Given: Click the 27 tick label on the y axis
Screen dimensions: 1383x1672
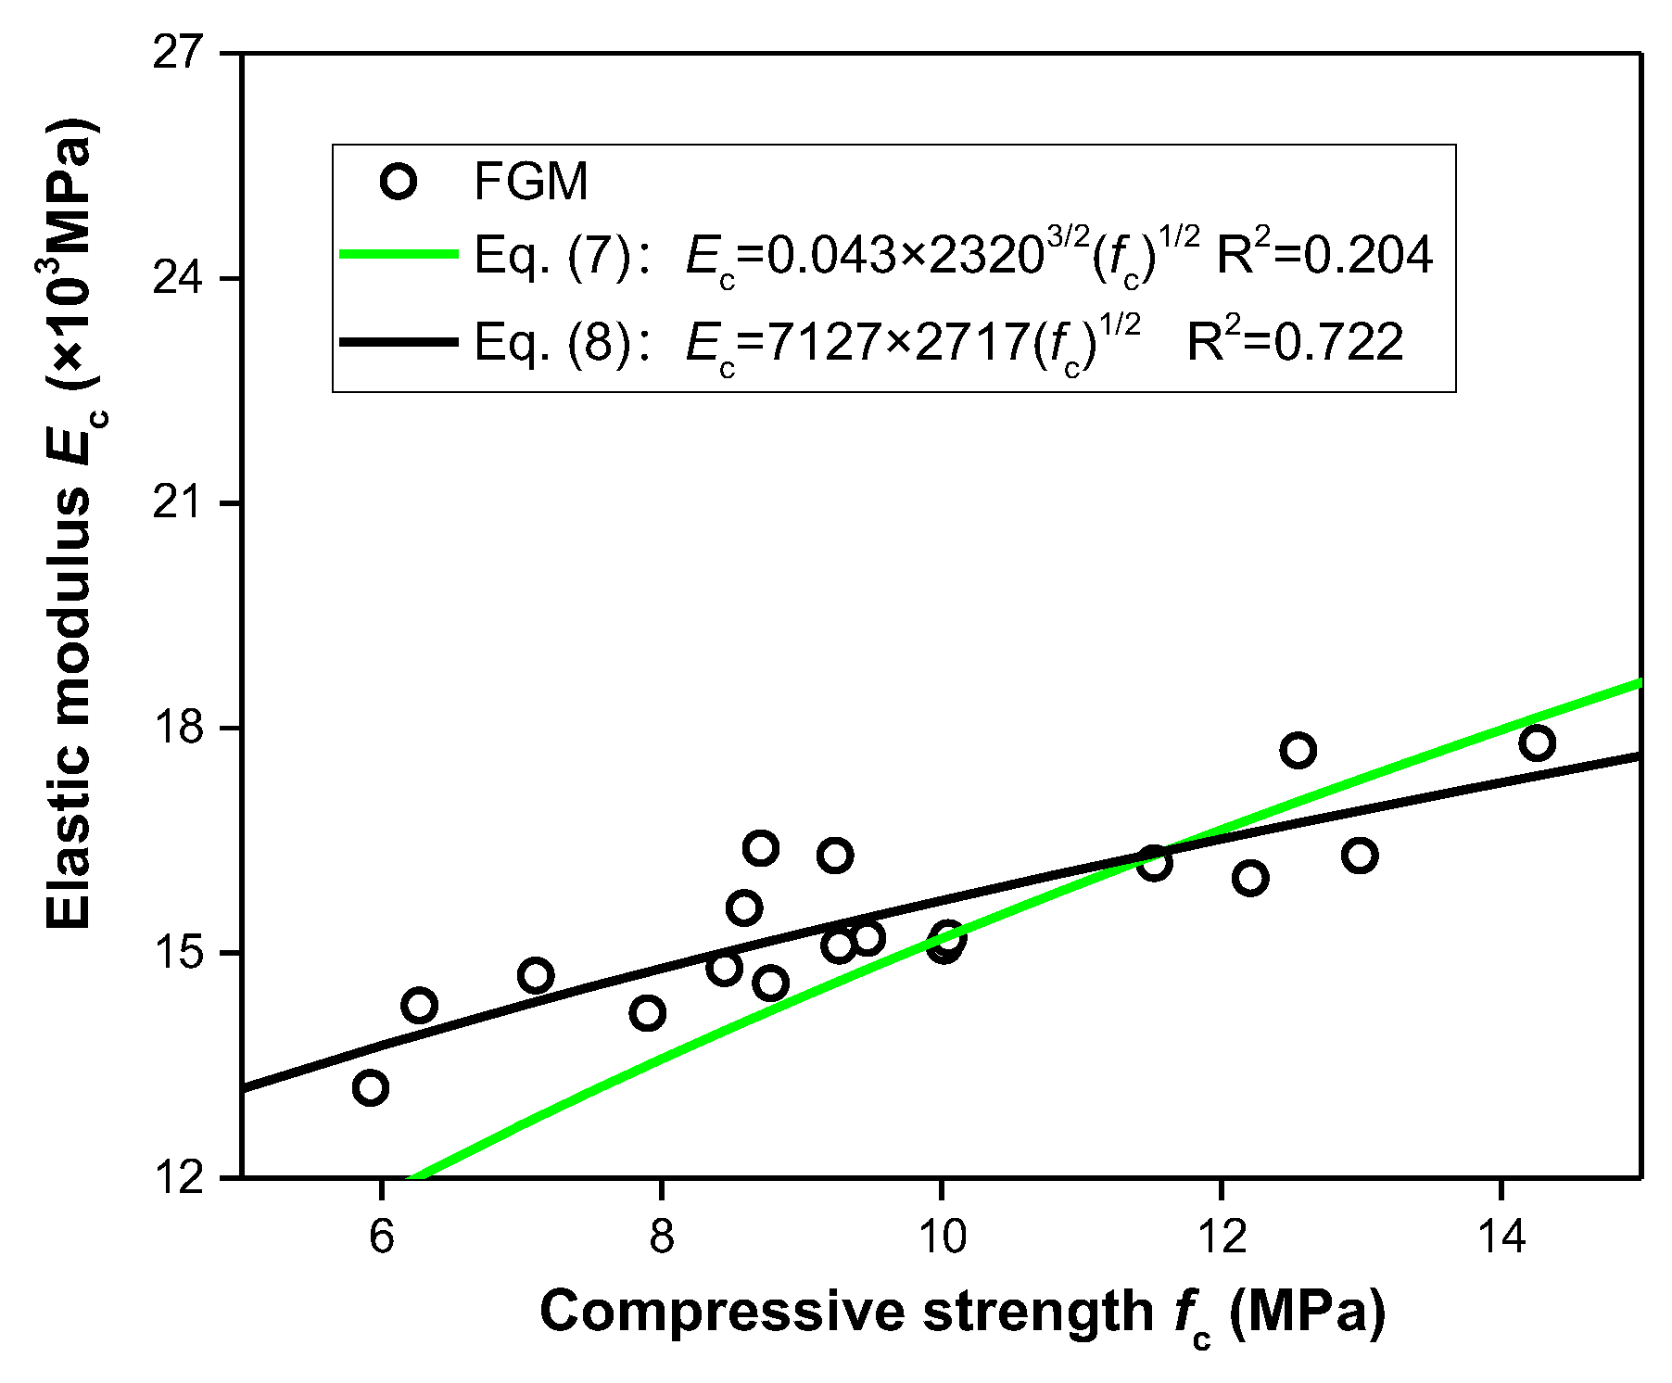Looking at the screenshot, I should tap(178, 53).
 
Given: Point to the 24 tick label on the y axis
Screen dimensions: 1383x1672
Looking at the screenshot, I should tap(178, 278).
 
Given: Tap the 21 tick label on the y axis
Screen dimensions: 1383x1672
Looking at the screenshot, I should tap(178, 503).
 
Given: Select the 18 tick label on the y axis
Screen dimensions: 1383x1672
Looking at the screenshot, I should tap(178, 728).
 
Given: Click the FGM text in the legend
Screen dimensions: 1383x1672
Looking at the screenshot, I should tap(531, 182).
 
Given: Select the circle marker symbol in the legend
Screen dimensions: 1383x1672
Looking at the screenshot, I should tap(399, 181).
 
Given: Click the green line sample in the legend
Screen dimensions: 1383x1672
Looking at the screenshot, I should tap(399, 253).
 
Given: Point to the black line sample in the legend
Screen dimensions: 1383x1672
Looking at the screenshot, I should tap(399, 342).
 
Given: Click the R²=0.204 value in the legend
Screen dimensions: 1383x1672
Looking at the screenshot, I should tap(1324, 254).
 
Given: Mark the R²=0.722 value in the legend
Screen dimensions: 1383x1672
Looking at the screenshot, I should tap(1295, 342).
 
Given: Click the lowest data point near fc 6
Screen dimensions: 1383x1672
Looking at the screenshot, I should tap(371, 1087).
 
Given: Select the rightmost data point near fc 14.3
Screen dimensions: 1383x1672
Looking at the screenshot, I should tap(1537, 742).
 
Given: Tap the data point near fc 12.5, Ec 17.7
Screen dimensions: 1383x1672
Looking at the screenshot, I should tap(1298, 750).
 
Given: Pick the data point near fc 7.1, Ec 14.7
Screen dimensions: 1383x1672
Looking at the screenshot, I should tap(536, 975).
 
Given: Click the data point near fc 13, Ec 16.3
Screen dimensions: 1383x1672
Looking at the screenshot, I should tap(1359, 855).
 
